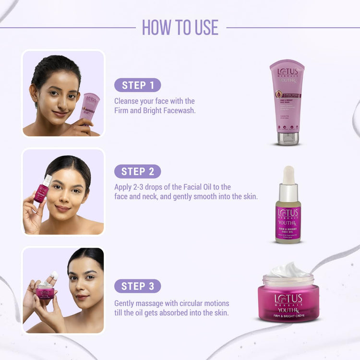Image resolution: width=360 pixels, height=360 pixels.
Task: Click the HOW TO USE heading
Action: tap(180, 27)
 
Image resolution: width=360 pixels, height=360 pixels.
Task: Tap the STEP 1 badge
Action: tap(137, 85)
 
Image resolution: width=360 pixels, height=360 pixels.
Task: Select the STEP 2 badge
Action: tap(137, 171)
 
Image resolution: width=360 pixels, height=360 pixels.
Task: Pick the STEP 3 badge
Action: tap(137, 286)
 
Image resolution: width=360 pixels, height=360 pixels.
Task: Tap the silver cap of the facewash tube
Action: tap(287, 139)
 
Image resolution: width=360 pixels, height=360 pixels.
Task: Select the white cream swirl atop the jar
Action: tap(288, 271)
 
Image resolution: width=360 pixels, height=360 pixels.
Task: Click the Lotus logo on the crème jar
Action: tap(288, 299)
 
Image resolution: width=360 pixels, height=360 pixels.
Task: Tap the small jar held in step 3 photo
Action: tap(45, 291)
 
